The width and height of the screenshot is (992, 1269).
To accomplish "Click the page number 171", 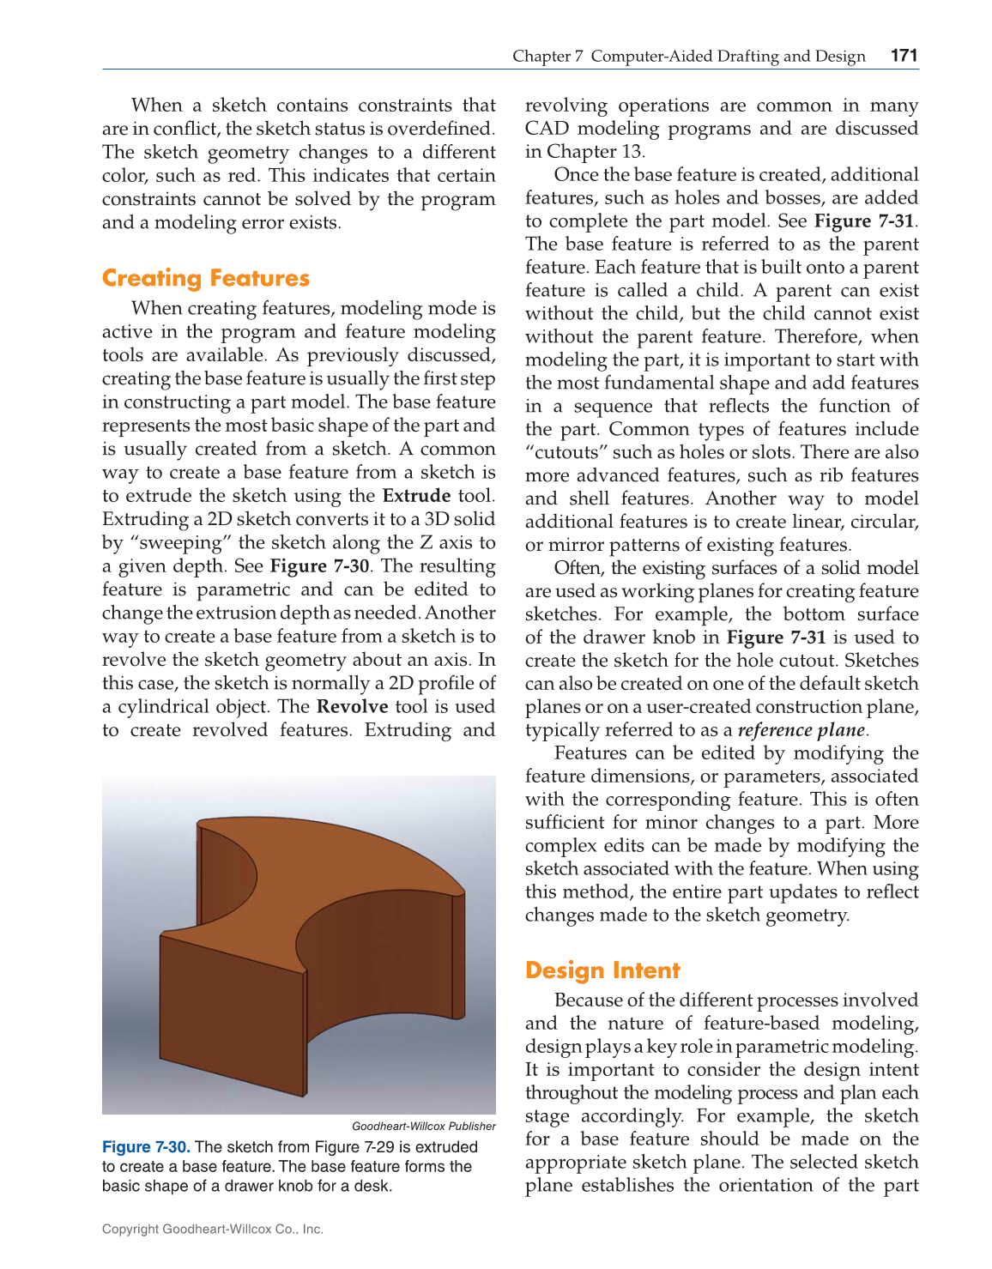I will click(904, 56).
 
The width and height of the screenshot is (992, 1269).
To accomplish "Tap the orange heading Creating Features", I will click(205, 278).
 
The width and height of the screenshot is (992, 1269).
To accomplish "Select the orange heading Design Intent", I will click(602, 970).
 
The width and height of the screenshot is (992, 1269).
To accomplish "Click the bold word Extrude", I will click(416, 496).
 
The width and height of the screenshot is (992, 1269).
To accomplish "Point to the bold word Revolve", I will click(352, 707).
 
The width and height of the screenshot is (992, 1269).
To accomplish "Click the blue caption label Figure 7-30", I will click(146, 1147).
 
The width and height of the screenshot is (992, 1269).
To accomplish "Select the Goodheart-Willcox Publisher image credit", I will click(423, 1127).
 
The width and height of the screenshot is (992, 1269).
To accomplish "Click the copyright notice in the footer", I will click(213, 1229).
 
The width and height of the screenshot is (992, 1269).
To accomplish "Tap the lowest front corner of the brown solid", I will click(303, 1095).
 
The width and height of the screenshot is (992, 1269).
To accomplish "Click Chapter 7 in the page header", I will click(547, 56).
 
